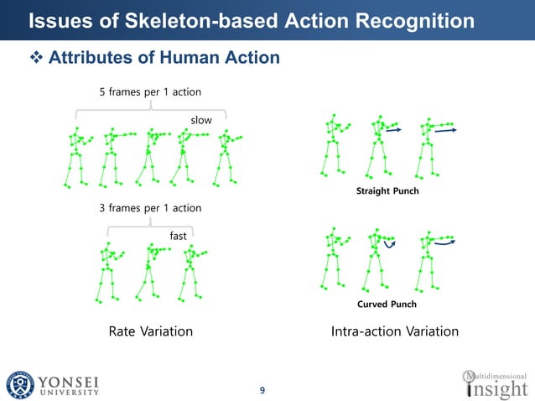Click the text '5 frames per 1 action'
coord(150,91)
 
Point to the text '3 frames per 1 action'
coord(150,207)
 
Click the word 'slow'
coord(201,120)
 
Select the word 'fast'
coord(179,236)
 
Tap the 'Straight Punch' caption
coord(387,192)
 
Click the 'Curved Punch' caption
coord(387,304)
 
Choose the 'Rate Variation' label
coord(151,331)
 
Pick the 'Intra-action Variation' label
coord(395,331)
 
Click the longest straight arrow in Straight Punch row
coord(445,131)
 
